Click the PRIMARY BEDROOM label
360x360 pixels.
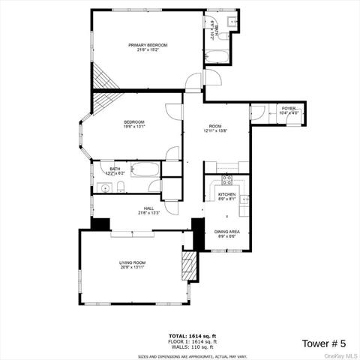[x=148, y=45]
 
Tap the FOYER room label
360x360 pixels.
[x=289, y=109]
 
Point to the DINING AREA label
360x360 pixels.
[x=226, y=232]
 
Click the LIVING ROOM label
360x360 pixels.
[x=132, y=262]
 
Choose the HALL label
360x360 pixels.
[x=150, y=208]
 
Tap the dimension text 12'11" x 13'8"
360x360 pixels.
[x=216, y=130]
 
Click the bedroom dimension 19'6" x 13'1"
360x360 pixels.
[x=135, y=126]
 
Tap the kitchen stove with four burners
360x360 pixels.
[x=224, y=181]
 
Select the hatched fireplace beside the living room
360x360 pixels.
[x=188, y=265]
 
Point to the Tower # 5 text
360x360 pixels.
[x=323, y=343]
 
